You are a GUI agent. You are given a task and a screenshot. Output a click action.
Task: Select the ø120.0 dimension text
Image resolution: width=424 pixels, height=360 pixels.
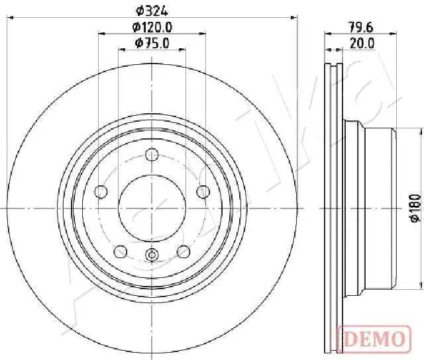point(153,27)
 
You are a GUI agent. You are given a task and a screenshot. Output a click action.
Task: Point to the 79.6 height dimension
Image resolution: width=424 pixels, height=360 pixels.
point(361,27)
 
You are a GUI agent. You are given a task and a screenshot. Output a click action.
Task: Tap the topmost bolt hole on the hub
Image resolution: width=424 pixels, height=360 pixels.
point(152,156)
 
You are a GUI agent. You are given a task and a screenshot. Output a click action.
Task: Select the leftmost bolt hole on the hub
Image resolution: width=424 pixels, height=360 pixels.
point(101,192)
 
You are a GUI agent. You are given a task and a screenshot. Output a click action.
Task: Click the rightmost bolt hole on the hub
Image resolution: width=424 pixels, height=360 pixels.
point(203,192)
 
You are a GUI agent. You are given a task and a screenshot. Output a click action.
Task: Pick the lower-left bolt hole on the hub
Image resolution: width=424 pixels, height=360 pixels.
point(121,251)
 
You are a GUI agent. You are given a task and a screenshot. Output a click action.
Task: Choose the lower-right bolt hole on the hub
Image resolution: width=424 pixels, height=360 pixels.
point(184,251)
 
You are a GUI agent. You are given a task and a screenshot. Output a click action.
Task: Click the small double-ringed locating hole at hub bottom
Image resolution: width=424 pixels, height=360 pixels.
point(152,255)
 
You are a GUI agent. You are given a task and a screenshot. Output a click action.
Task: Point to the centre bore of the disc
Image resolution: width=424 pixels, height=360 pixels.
point(152,207)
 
